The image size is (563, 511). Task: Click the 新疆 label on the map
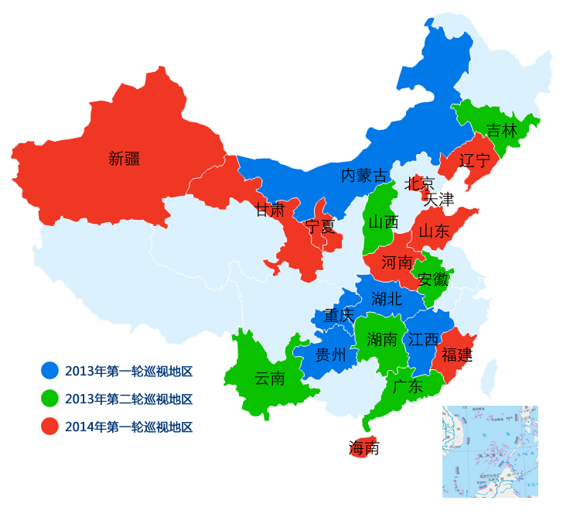tap(125, 159)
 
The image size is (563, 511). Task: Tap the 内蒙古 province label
tap(364, 176)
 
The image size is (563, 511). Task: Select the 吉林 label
tap(501, 130)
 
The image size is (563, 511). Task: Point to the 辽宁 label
tap(474, 161)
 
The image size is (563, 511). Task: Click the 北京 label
tap(420, 183)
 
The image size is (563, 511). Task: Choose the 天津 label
tap(438, 199)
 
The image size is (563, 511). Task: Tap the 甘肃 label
tap(271, 210)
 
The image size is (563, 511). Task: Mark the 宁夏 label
tap(320, 226)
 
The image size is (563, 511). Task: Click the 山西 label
tap(383, 222)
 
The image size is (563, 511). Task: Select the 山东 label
tap(434, 231)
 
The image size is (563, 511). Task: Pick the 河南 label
tap(398, 263)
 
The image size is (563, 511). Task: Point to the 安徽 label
tap(432, 280)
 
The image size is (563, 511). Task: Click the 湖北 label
tap(387, 299)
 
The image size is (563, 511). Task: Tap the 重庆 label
tap(339, 315)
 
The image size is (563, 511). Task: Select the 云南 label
tap(270, 379)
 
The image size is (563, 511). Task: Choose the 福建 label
tap(456, 355)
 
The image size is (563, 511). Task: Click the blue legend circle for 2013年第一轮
tap(50, 371)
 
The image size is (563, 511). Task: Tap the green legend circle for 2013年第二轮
tap(50, 399)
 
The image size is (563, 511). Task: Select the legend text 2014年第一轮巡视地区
tap(128, 427)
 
